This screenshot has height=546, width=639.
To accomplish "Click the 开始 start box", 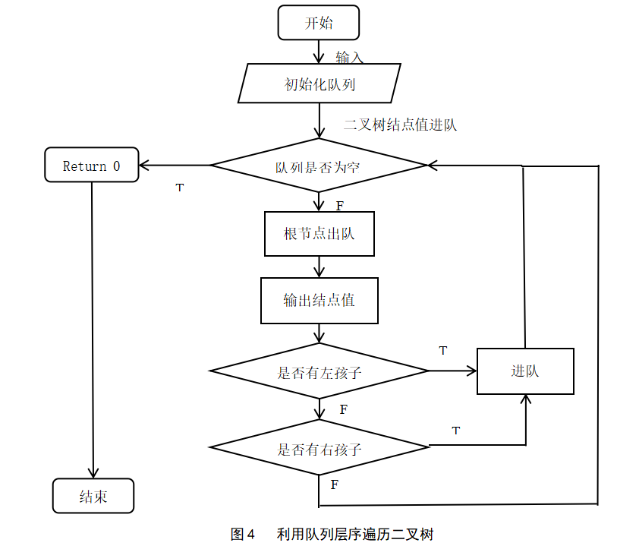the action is coord(318,23).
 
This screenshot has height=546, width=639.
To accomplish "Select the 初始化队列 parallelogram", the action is coord(319,84).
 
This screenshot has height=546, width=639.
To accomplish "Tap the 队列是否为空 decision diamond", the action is coord(319,165).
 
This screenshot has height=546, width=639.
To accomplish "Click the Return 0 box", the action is coord(92,165).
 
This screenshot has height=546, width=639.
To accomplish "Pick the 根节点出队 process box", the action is coord(319,234).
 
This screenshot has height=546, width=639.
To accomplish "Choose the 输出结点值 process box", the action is coord(319,301).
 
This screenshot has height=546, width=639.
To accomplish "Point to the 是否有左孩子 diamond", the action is coord(319,371).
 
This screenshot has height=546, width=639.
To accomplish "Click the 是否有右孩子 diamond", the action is coord(319,447).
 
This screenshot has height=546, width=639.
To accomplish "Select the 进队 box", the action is coord(525,371).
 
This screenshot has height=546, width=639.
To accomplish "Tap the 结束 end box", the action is coord(93,496).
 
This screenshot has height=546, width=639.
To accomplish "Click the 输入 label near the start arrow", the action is coord(349,57).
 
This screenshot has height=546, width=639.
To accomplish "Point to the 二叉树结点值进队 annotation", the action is coord(400,125).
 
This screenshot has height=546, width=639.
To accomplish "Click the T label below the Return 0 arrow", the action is coord(180,188).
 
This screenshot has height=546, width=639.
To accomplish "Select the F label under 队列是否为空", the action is coord(339,206).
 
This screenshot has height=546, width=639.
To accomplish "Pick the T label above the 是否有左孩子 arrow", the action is coord(443,350).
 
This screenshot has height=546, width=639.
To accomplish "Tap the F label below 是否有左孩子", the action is coord(344,409).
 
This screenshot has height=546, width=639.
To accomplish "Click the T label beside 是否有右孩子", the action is coord(456,431).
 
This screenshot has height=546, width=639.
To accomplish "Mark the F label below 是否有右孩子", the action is coord(334,484).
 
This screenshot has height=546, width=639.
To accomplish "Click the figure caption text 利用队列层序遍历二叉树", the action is coord(355,534).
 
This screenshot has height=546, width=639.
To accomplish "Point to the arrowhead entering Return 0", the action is coord(143,165).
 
